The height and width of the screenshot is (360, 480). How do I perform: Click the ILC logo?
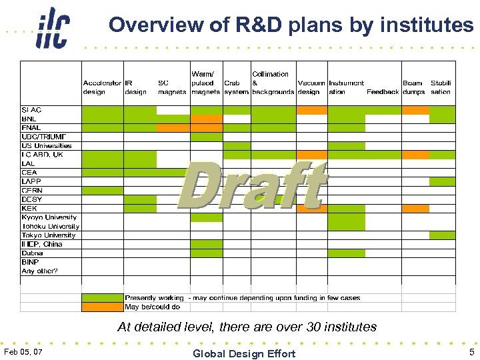(x=53, y=27)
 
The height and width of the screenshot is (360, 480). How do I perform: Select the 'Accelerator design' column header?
(x=102, y=87)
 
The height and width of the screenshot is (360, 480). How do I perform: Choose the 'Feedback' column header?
(x=383, y=92)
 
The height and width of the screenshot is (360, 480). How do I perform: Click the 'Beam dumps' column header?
(x=413, y=87)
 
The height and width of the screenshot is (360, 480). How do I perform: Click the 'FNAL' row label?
(x=31, y=127)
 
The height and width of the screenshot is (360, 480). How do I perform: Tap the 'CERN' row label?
(x=32, y=190)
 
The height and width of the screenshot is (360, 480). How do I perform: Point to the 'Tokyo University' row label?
(x=49, y=235)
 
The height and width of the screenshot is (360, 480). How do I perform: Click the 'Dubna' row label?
(x=33, y=253)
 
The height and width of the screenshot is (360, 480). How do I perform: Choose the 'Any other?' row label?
(x=39, y=271)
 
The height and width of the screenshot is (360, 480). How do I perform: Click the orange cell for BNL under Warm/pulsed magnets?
(x=207, y=119)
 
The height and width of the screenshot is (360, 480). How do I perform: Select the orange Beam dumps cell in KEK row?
(x=415, y=208)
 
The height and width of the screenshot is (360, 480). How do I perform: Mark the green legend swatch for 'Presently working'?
(x=102, y=298)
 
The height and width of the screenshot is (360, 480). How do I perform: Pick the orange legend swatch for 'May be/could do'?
(x=102, y=307)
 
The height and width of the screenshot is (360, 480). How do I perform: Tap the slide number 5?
(x=471, y=351)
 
